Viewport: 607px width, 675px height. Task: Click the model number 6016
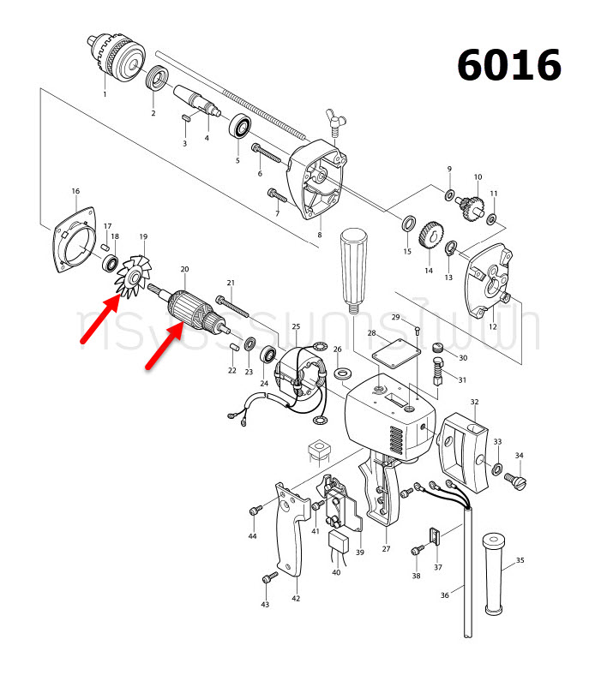click(x=509, y=65)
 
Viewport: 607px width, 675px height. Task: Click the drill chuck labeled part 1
click(x=118, y=57)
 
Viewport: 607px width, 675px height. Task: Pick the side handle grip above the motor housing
click(x=352, y=262)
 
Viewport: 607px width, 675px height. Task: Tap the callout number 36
click(x=444, y=595)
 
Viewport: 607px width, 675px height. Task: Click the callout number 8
click(x=319, y=234)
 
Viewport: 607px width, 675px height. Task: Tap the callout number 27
click(x=386, y=549)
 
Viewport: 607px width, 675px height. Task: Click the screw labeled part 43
click(x=269, y=580)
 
